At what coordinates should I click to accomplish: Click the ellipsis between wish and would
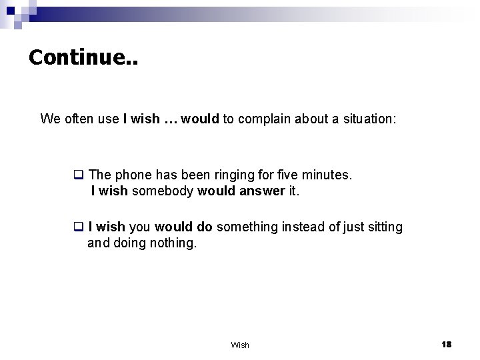[x=171, y=120]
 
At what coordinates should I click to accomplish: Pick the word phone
[x=131, y=175]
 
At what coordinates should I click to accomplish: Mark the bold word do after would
[x=203, y=227]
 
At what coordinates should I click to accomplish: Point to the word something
[x=248, y=227]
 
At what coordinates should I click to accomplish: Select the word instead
[x=306, y=227]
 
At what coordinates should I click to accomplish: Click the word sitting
[x=383, y=227]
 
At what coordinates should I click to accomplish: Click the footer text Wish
[x=240, y=345]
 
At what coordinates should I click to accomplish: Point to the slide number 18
[x=446, y=344]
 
